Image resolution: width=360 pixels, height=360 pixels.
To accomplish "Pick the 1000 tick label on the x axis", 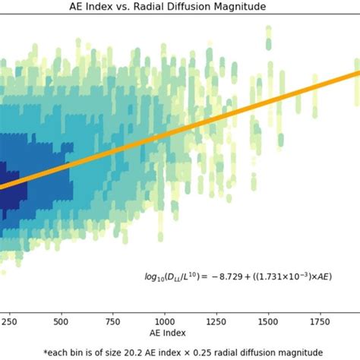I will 163,321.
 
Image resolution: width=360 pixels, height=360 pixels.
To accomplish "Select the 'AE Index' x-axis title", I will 180,333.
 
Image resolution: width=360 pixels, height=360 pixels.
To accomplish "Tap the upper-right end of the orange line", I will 357,74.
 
